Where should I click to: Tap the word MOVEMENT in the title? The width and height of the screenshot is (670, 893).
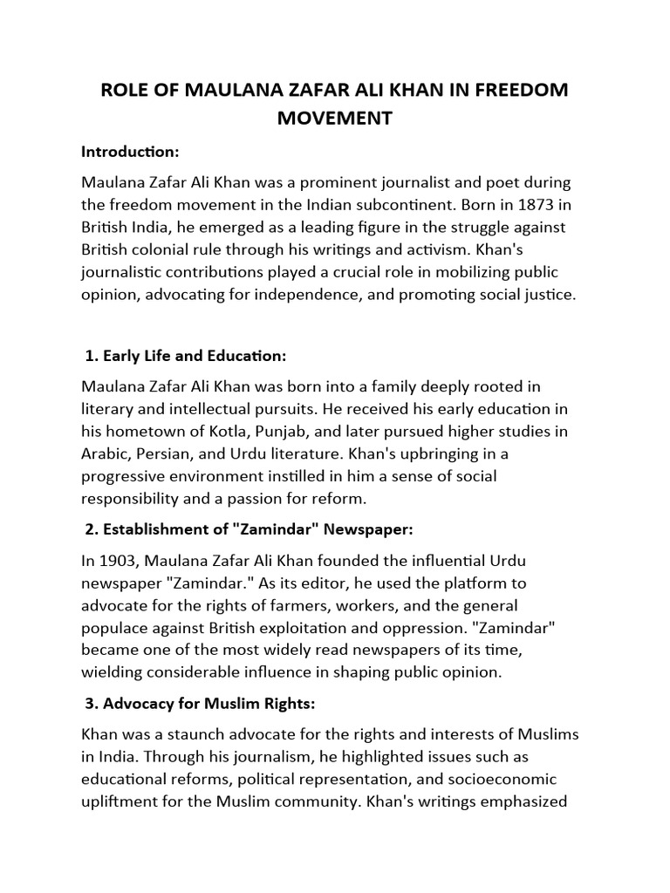[x=334, y=118]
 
